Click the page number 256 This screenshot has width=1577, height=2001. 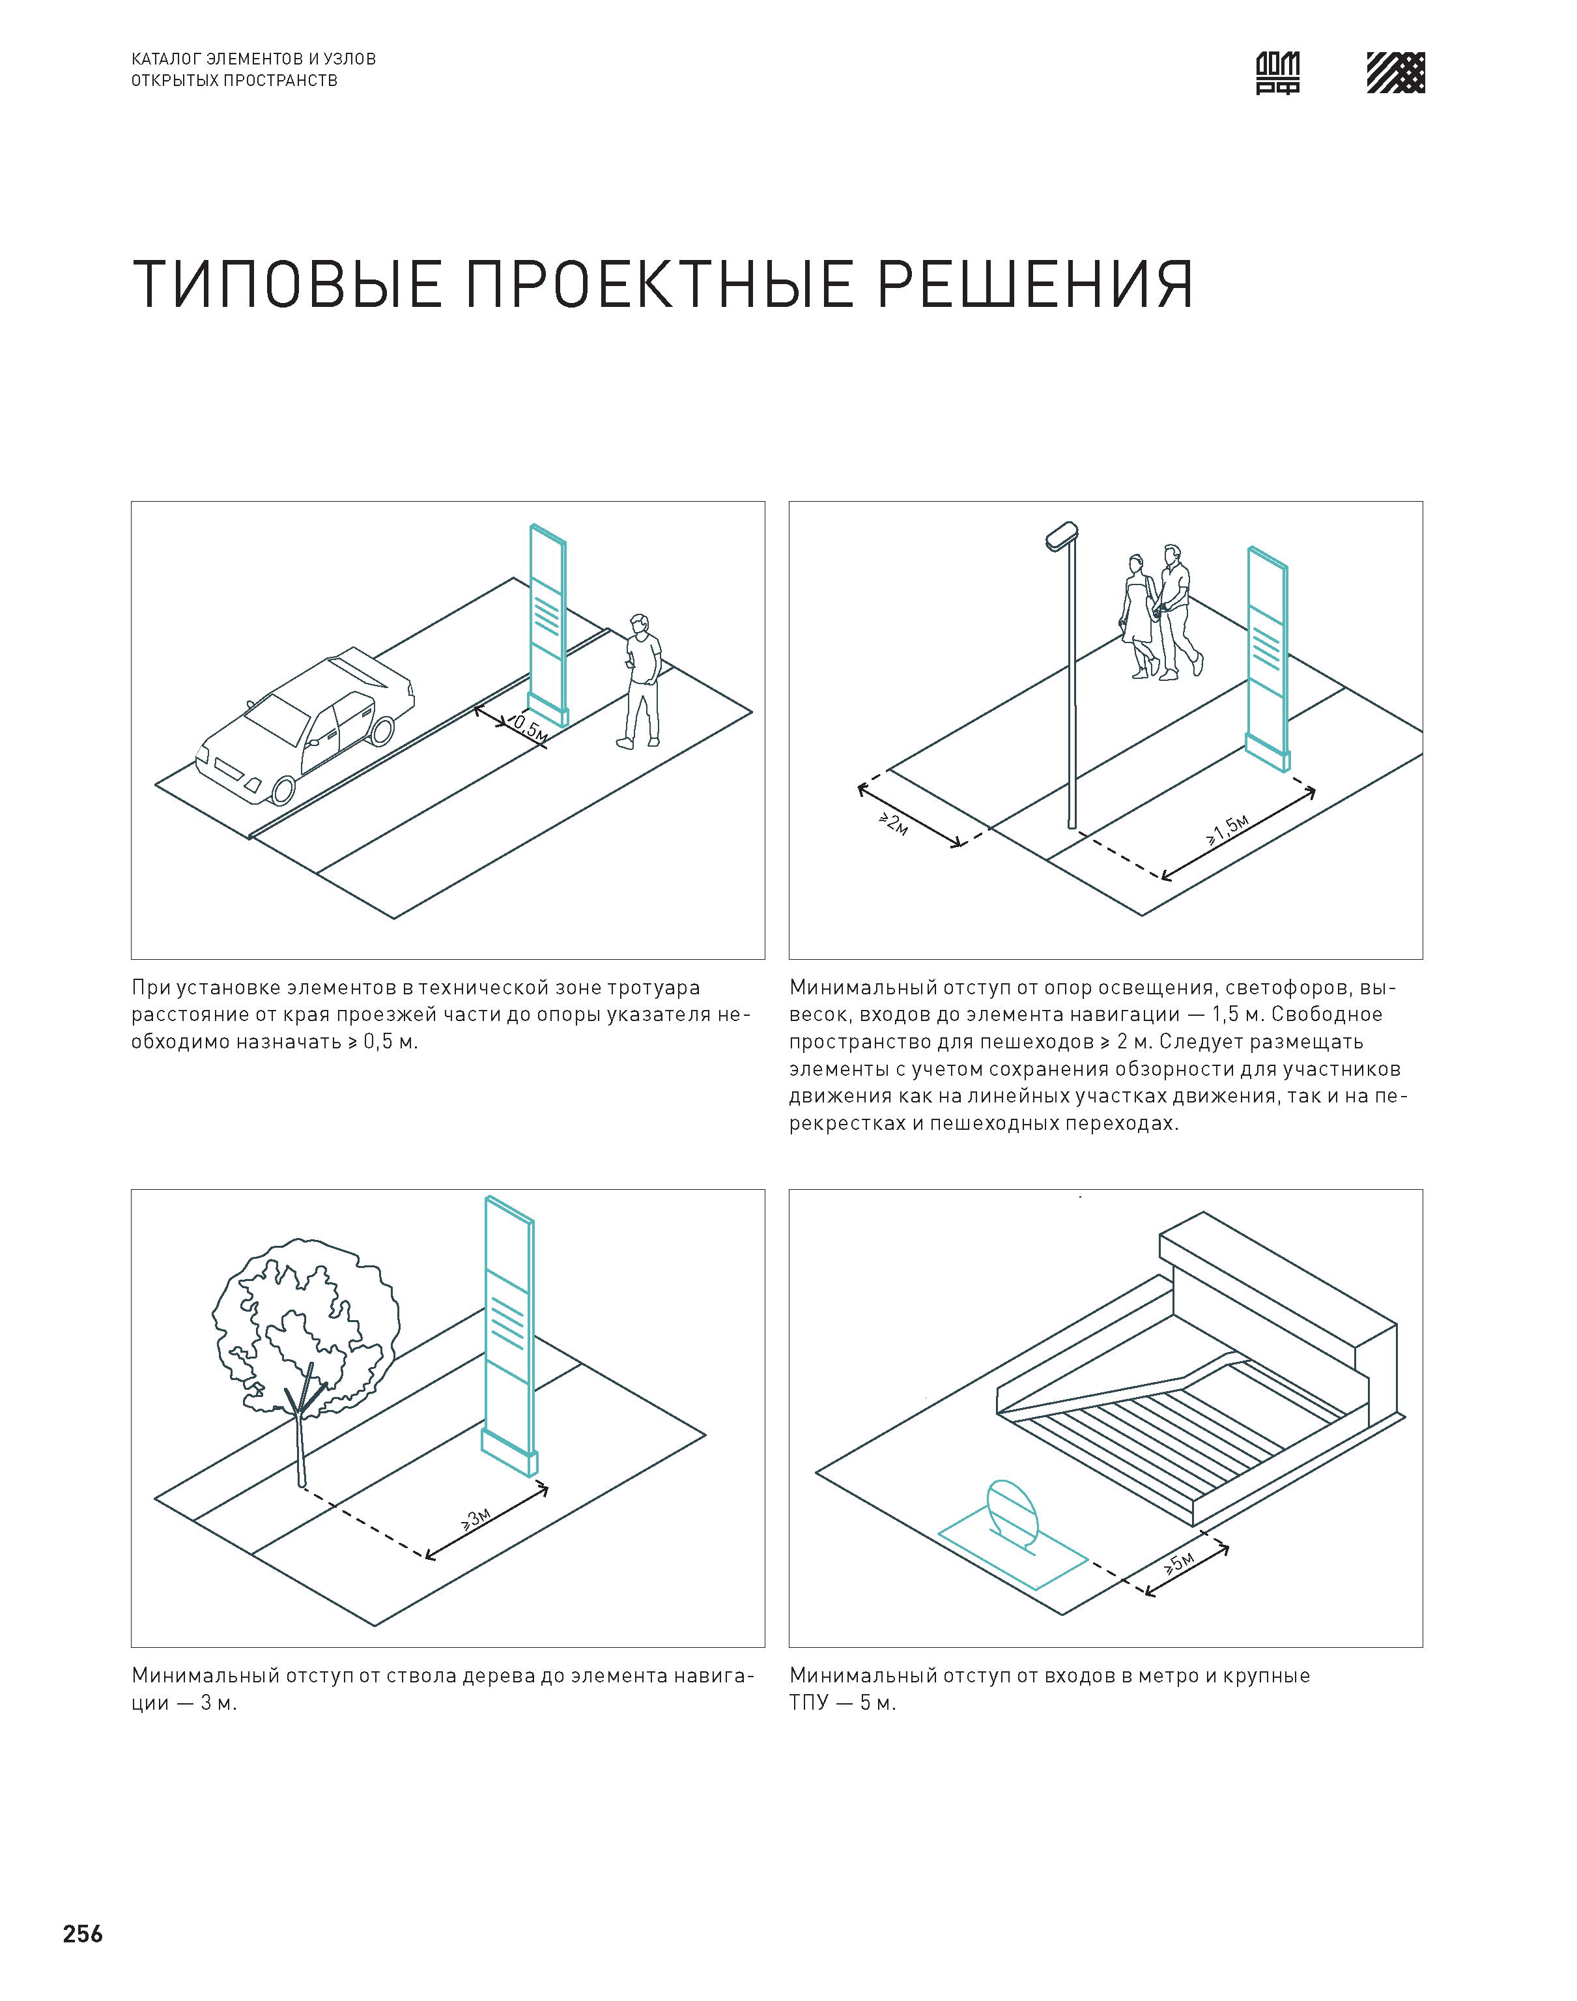pos(83,1934)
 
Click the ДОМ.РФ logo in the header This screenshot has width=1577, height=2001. pos(1278,73)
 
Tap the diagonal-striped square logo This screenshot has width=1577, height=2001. pos(1395,73)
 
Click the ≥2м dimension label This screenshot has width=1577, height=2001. pos(893,824)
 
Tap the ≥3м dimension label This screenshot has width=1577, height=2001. pos(476,1519)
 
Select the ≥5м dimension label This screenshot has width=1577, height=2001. pos(1179,1562)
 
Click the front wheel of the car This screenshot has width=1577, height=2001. pos(283,790)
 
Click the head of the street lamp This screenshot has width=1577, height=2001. pos(1062,536)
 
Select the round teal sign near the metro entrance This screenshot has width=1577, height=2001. pos(1013,1516)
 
